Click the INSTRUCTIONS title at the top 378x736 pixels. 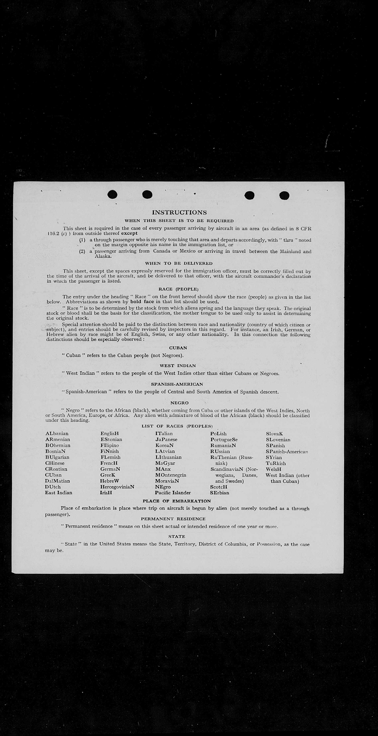(179, 212)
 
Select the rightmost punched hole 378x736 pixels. (284, 195)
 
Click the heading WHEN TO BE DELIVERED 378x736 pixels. (179, 263)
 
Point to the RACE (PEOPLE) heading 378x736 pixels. (179, 289)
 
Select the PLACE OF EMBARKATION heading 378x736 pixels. (177, 501)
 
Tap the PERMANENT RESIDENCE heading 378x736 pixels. (173, 519)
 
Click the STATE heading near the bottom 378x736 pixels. (177, 536)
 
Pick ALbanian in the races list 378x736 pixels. (57, 433)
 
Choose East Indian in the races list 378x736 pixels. (59, 493)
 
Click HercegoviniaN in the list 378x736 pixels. (117, 487)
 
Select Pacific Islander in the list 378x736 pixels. (173, 493)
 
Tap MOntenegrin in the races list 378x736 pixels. (171, 475)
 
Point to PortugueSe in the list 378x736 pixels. (224, 439)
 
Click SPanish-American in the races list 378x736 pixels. (287, 451)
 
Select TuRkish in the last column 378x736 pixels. (276, 463)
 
